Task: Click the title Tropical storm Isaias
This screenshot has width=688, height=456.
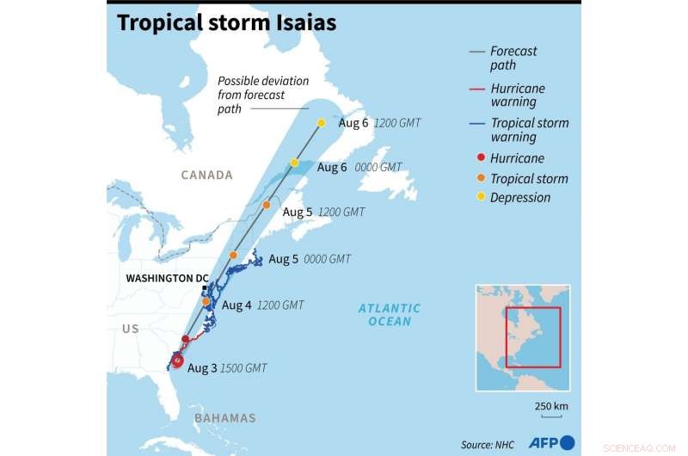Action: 226,22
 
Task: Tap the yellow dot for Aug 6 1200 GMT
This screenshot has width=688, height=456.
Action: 322,123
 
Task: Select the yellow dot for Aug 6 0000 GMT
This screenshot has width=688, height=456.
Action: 295,163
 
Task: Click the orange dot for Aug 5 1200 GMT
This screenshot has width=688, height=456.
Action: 267,206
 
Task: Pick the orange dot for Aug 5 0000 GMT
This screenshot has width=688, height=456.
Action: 233,256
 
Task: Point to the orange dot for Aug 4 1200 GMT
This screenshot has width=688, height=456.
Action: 206,302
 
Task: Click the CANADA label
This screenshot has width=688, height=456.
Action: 206,176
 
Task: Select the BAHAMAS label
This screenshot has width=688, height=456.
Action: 224,418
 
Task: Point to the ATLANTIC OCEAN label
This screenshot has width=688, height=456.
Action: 390,315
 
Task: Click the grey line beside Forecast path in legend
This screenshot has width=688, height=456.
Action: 477,52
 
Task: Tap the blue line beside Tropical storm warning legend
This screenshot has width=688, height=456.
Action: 477,124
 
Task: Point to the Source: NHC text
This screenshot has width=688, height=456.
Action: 488,444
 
